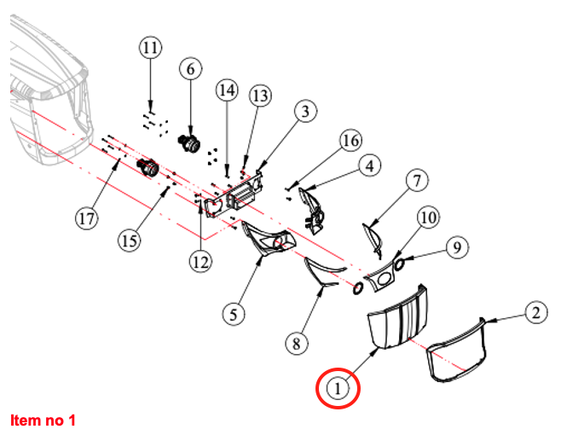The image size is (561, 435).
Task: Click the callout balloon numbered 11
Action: coord(150,48)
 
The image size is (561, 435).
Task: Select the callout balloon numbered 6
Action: coord(190,68)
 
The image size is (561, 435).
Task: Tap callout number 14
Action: coord(227,90)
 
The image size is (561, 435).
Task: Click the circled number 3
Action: coord(305,110)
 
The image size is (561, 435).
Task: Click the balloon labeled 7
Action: coord(415,181)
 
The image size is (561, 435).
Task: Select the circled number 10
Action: coord(428,218)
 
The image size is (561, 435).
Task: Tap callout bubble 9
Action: coord(457,247)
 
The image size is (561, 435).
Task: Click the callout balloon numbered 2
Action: coord(534,313)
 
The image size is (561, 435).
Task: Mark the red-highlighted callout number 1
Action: coord(339,388)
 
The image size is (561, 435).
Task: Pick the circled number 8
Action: coord(296,343)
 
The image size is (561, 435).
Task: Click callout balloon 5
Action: coord(234,313)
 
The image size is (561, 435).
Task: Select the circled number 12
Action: coord(201,262)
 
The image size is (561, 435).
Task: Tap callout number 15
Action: coord(129,241)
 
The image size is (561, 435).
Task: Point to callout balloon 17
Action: coord(86,219)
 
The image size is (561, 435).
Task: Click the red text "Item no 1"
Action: coord(43,420)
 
